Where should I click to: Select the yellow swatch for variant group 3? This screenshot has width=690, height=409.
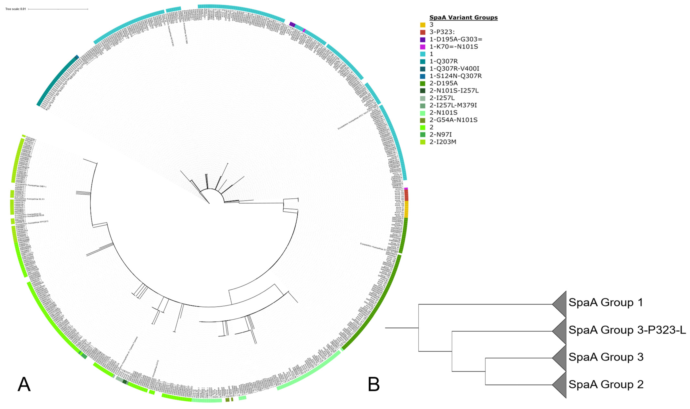pyautogui.click(x=423, y=25)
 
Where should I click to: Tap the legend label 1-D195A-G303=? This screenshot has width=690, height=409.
pyautogui.click(x=456, y=39)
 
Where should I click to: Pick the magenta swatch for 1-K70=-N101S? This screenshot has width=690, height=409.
pyautogui.click(x=423, y=47)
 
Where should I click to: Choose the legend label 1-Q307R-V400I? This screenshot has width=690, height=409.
pyautogui.click(x=454, y=69)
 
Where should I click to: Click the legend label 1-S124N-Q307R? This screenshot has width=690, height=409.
pyautogui.click(x=455, y=76)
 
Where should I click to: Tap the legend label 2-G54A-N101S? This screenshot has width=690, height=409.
pyautogui.click(x=454, y=120)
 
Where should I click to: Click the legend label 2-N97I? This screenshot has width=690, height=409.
pyautogui.click(x=440, y=135)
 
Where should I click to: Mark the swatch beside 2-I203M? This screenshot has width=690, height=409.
pyautogui.click(x=423, y=142)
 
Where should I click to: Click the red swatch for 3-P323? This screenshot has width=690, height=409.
pyautogui.click(x=423, y=32)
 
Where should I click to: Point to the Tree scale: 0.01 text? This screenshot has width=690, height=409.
pyautogui.click(x=15, y=9)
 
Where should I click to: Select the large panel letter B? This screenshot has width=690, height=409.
pyautogui.click(x=374, y=385)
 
